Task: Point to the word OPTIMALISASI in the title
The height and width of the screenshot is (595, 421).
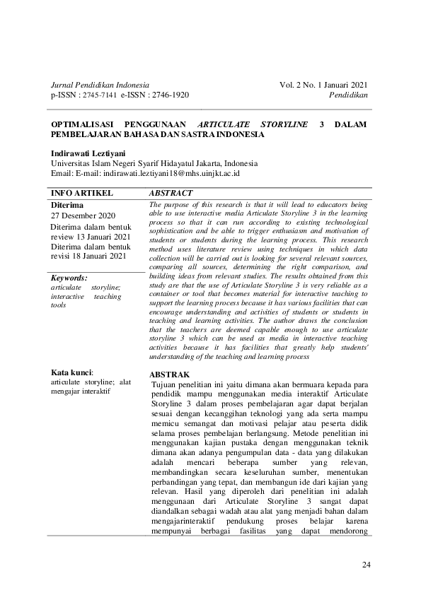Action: coord(83,124)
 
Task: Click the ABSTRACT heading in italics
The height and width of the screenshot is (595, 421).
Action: coord(171,192)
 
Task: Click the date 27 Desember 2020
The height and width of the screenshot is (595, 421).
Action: coord(83,215)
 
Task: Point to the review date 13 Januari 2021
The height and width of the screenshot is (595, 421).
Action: coord(103,236)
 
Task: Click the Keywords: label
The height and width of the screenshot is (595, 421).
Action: coord(69,278)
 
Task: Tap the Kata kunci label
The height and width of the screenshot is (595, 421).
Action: coord(73,372)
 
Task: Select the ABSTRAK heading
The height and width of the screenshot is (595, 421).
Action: coord(170,374)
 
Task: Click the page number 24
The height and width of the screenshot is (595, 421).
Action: coord(366,563)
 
